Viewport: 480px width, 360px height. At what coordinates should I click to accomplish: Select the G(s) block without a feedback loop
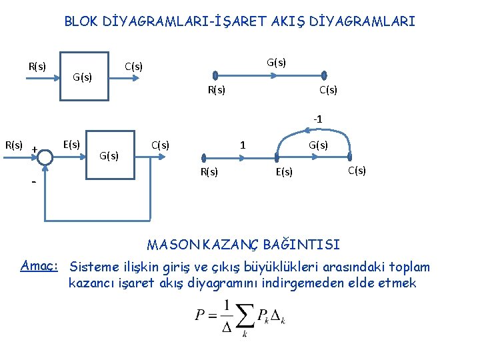[x=85, y=76]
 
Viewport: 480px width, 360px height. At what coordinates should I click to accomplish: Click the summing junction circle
[x=45, y=157]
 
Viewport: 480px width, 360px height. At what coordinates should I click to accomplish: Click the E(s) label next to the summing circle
[x=71, y=144]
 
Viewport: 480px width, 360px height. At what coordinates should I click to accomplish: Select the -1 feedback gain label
[x=317, y=119]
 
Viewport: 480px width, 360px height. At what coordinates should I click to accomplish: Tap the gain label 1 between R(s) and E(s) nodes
[x=243, y=145]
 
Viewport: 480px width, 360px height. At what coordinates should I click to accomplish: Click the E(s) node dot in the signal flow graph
[x=278, y=157]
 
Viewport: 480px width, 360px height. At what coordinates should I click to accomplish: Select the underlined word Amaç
[x=40, y=266]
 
